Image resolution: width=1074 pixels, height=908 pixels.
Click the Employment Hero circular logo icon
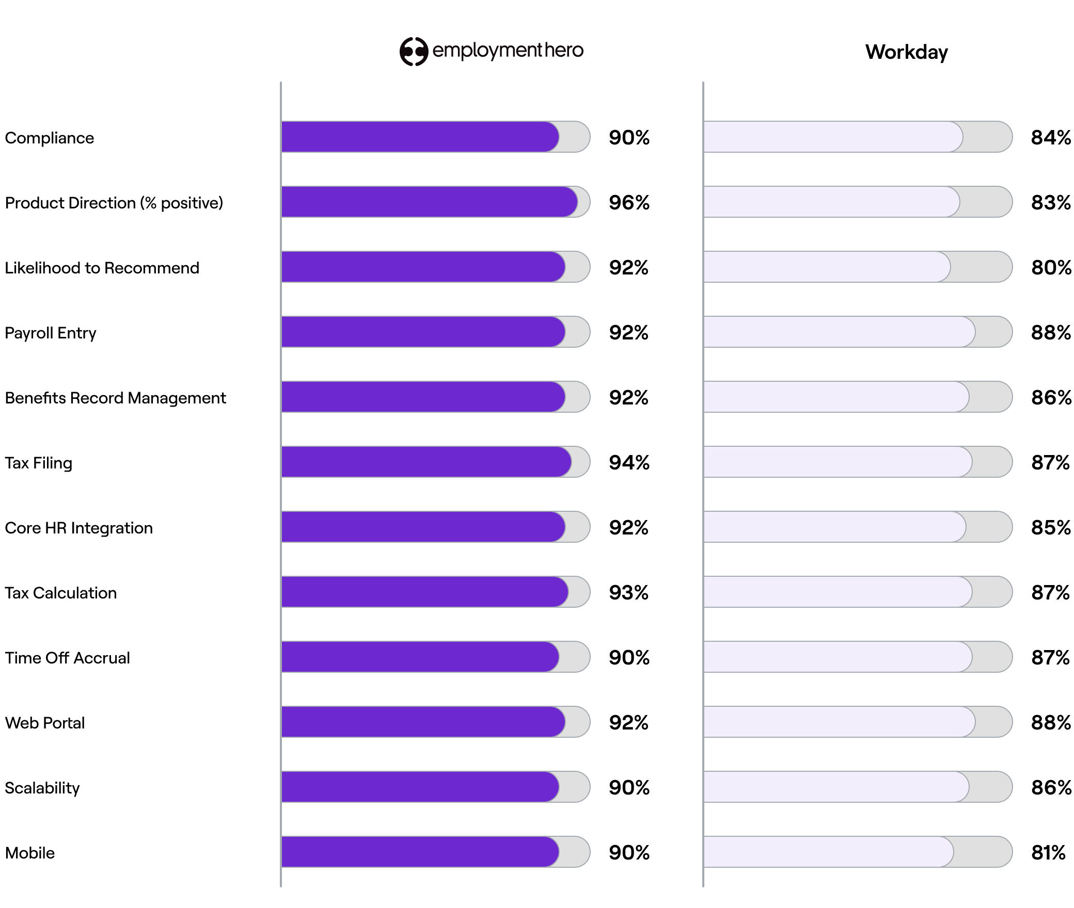414,52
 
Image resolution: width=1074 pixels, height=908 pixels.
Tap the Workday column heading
906,52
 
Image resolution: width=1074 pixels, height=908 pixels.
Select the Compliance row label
50,138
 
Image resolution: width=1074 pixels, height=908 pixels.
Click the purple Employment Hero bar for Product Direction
429,202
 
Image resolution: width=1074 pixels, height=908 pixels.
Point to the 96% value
628,202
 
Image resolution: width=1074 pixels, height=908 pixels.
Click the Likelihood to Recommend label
102,268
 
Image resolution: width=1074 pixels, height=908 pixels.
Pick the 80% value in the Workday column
1051,267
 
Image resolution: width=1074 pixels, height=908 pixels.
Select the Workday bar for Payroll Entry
839,332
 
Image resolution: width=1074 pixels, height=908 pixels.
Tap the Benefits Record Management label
115,398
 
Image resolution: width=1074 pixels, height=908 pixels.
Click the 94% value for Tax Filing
628,462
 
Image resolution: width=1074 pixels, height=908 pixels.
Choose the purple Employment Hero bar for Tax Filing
426,462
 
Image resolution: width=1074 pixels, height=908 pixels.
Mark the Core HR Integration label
78,528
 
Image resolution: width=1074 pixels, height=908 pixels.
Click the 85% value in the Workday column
1051,527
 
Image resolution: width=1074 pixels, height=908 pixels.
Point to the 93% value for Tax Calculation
628,592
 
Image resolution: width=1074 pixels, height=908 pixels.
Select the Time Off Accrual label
67,658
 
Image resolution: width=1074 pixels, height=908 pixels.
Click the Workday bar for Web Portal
839,722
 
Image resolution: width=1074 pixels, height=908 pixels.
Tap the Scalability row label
42,788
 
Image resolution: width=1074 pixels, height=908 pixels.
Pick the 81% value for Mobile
1048,852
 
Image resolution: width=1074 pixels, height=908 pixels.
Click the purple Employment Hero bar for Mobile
420,852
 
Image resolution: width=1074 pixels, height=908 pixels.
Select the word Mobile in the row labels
30,853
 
